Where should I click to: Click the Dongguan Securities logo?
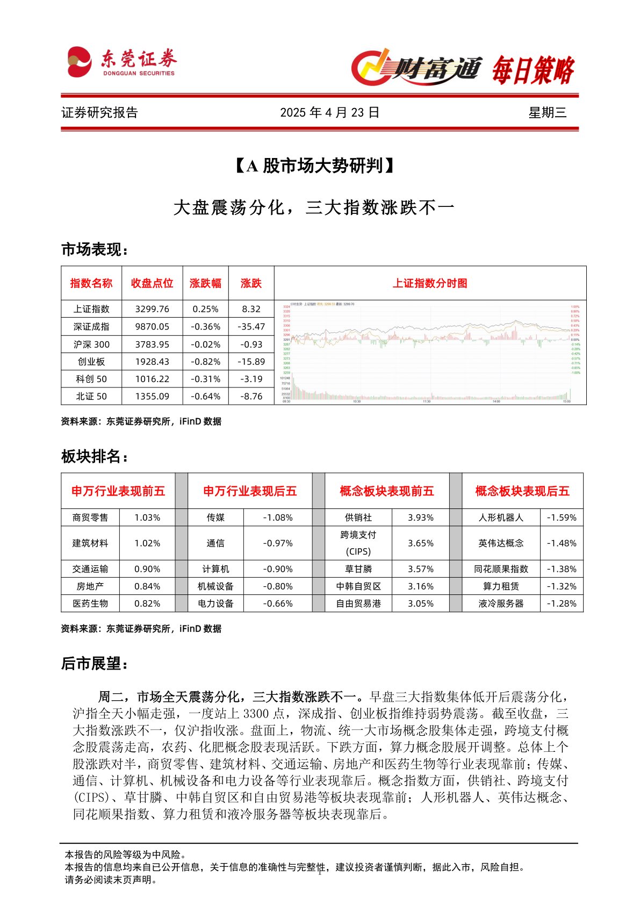(121, 62)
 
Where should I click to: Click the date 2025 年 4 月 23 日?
(329, 112)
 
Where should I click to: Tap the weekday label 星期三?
(547, 112)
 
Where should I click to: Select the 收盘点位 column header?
(152, 283)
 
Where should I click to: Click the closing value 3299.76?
(152, 309)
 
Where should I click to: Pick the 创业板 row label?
(91, 362)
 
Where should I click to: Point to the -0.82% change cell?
(205, 362)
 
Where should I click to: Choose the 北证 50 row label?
(91, 396)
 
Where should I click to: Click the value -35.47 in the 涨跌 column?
(251, 326)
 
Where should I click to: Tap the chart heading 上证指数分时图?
(430, 283)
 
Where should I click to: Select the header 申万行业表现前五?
(118, 491)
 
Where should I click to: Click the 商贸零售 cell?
(90, 518)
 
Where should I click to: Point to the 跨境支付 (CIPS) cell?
(358, 543)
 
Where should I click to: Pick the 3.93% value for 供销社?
(420, 518)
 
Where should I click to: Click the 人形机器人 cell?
(501, 518)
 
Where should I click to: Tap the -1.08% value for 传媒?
(277, 518)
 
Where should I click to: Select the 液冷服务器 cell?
(501, 604)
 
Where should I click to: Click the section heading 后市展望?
(95, 664)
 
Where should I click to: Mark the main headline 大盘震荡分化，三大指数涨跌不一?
(314, 207)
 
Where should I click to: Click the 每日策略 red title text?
(533, 70)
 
